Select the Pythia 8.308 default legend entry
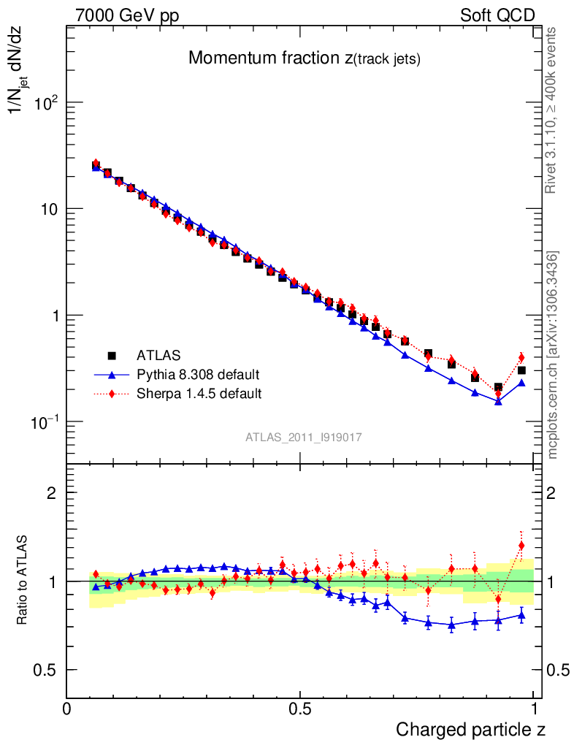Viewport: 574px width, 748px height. click(198, 375)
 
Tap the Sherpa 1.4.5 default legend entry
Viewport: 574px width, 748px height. click(199, 394)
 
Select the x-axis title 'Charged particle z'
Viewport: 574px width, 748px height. click(470, 729)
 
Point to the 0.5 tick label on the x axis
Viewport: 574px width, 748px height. click(300, 709)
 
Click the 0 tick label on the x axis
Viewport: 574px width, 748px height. click(67, 709)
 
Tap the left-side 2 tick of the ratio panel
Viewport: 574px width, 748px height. click(51, 493)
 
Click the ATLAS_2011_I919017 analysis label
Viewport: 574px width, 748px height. click(304, 437)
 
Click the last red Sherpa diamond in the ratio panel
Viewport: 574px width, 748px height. click(521, 545)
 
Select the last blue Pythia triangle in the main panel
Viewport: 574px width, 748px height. click(521, 382)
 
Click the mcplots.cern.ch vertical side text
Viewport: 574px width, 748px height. click(553, 355)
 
